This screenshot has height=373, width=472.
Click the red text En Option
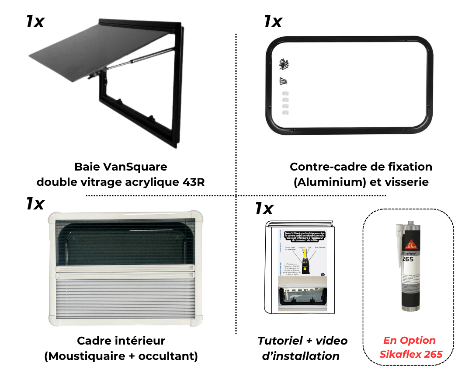point(410,341)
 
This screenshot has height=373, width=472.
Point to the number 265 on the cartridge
point(407,259)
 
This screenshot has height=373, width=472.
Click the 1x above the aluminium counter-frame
point(273,21)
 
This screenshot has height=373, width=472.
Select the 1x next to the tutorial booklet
point(264,209)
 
